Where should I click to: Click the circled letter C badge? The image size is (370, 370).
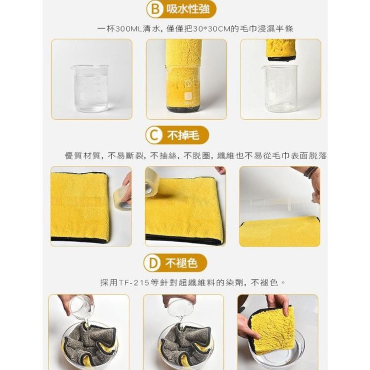coord(154,134)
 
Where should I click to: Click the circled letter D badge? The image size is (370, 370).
coord(154,263)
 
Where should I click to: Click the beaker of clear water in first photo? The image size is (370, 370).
coord(90,88)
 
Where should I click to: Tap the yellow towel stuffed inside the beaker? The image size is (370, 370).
coord(183,74)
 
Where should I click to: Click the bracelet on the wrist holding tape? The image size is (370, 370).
coord(310,171)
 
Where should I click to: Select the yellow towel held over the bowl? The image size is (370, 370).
coord(272,329)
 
